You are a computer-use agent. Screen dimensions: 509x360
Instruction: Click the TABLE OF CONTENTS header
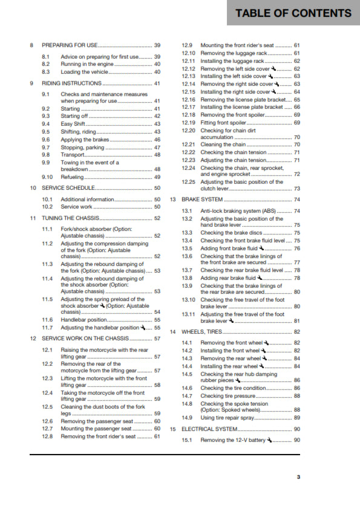point(293,13)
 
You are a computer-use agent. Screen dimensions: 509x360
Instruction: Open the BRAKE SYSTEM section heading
point(202,199)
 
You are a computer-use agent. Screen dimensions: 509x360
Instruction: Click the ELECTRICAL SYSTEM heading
point(210,429)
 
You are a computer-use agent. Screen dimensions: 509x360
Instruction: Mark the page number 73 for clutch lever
point(296,189)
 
